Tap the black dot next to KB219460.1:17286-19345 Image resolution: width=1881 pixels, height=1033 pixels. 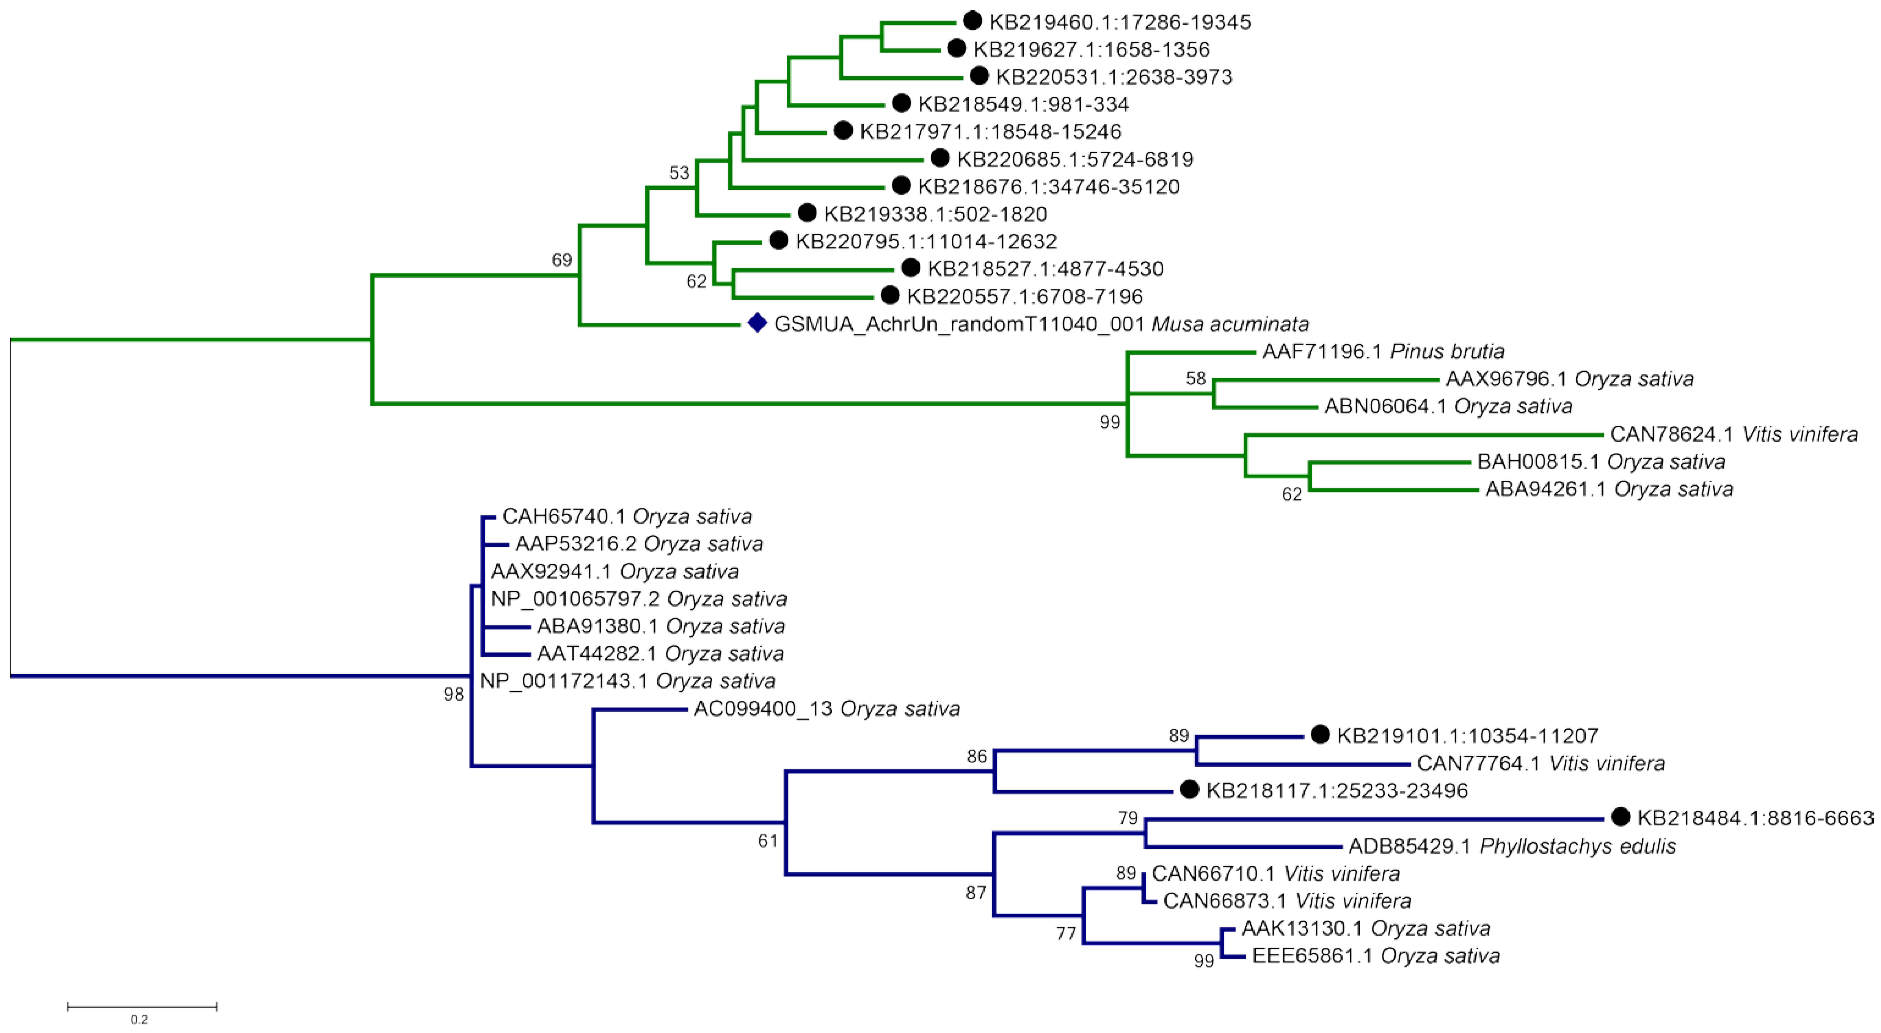pos(972,21)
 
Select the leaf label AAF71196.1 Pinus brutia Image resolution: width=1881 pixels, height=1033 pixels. pos(1383,351)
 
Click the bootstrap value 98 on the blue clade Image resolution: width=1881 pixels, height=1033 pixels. pos(454,694)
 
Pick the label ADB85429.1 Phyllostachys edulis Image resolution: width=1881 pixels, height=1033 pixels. pos(1511,846)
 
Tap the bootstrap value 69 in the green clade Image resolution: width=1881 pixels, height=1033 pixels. pos(562,260)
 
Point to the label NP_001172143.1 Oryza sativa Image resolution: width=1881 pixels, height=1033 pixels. pos(627,681)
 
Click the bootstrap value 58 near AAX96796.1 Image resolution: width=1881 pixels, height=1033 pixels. pos(1195,378)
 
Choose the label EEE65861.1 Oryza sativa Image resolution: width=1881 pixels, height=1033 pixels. pos(1376,956)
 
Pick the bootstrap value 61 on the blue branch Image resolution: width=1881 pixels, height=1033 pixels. pos(767,841)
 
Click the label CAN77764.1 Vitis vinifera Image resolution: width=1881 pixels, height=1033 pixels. pos(1541,764)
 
